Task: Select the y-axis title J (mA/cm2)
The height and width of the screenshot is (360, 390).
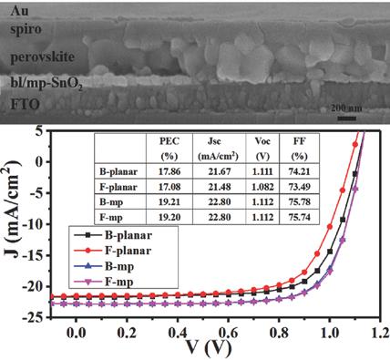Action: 13,223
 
